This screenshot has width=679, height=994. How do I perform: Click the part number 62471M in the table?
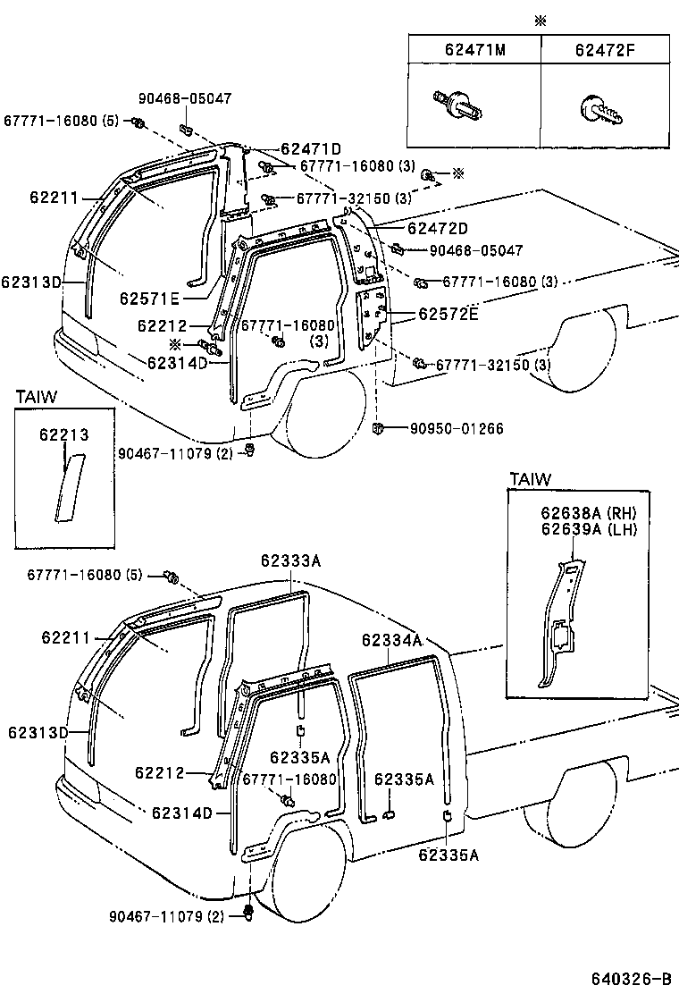(x=474, y=50)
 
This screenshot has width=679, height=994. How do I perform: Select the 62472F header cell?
(x=608, y=50)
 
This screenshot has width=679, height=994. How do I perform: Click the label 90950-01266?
(x=457, y=429)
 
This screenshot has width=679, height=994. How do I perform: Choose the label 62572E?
(x=448, y=315)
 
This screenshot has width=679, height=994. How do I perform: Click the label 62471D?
(x=311, y=149)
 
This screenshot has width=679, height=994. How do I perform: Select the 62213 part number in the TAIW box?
(x=63, y=435)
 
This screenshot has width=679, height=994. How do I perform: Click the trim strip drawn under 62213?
(x=67, y=487)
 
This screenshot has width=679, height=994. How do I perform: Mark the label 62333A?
(x=291, y=560)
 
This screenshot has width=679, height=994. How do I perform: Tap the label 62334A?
(x=392, y=640)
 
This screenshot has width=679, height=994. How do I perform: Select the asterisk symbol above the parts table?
(x=540, y=21)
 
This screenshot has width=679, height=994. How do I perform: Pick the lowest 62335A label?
(x=448, y=855)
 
